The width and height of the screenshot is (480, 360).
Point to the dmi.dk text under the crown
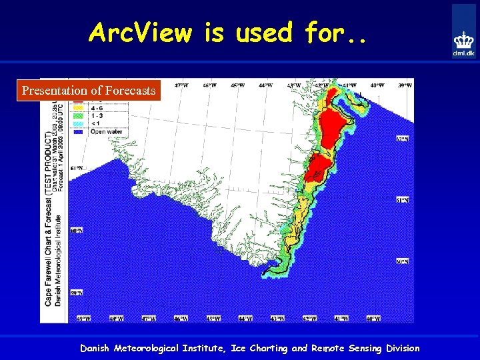pyautogui.click(x=464, y=53)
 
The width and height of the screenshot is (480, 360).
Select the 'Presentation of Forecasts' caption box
pyautogui.click(x=89, y=90)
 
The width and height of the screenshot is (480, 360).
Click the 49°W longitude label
pyautogui.click(x=83, y=319)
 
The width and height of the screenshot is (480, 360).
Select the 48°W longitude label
pyautogui.click(x=116, y=319)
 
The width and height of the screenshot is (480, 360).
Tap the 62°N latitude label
pyautogui.click(x=402, y=139)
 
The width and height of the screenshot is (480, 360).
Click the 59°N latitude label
pyautogui.click(x=76, y=293)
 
